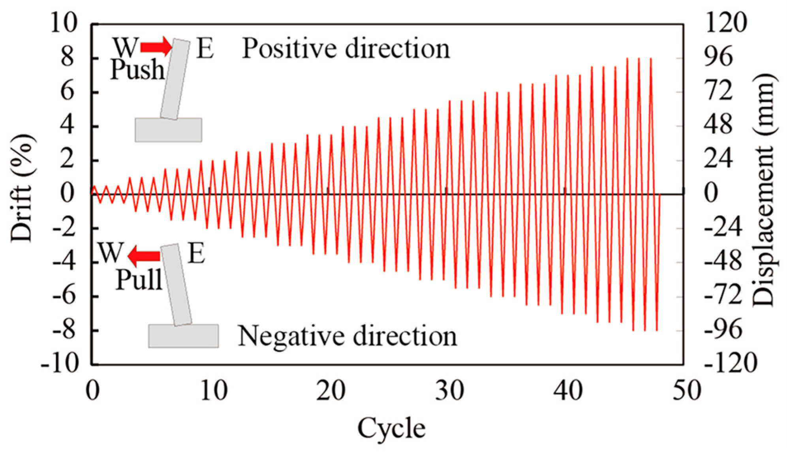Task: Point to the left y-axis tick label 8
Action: pyautogui.click(x=67, y=58)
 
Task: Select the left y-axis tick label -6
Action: pyautogui.click(x=63, y=296)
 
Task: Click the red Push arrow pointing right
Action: pyautogui.click(x=156, y=47)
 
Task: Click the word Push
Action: pyautogui.click(x=137, y=70)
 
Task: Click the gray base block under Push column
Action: pyautogui.click(x=168, y=130)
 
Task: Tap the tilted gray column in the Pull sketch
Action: pyautogui.click(x=176, y=284)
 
